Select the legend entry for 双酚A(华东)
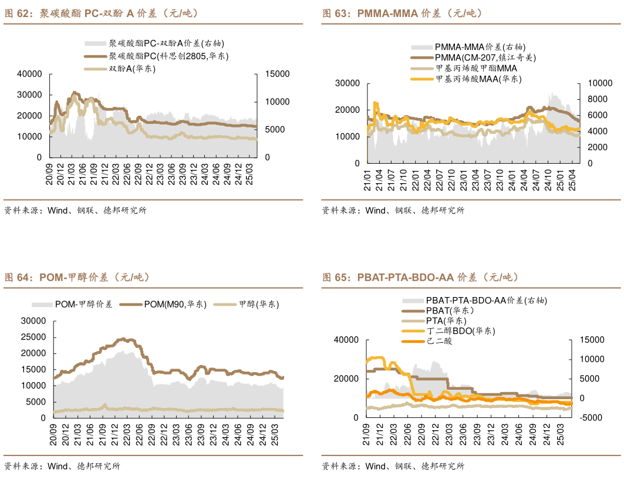pos(132,69)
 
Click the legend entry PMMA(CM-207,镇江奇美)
pos(485,58)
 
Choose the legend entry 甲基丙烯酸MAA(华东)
pos(478,79)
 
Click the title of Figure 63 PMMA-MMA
pos(402,13)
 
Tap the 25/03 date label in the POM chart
pos(274,435)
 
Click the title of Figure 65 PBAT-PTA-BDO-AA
pos(420,277)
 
